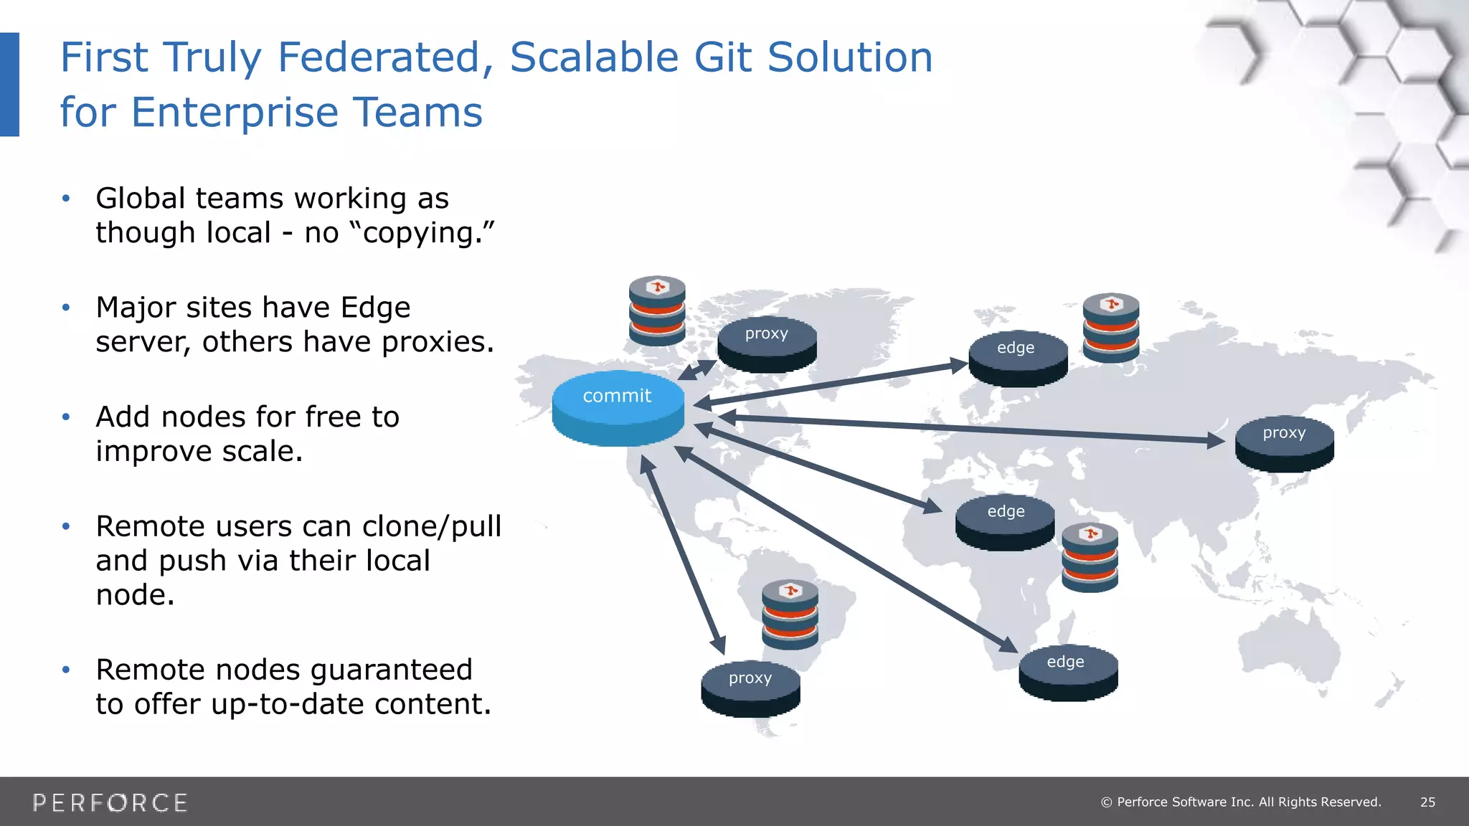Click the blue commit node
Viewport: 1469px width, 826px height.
[618, 407]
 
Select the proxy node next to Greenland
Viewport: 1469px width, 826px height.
[767, 343]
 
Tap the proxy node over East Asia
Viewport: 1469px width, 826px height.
[1284, 443]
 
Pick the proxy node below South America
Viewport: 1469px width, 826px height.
[750, 688]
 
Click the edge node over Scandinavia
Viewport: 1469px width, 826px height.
[1017, 358]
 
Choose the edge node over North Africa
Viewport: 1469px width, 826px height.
[1005, 521]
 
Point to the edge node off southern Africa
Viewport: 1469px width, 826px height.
[1067, 672]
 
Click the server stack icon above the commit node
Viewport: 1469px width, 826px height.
[657, 310]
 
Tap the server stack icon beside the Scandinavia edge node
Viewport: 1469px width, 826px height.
[1111, 328]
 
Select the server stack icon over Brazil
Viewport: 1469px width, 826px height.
[790, 614]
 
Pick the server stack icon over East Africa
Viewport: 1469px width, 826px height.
[1090, 557]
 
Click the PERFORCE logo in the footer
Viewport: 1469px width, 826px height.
[110, 802]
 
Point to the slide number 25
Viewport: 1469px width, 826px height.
[1427, 802]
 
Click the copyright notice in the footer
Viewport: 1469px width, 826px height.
[1241, 802]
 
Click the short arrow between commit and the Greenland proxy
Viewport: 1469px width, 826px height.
[697, 370]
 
